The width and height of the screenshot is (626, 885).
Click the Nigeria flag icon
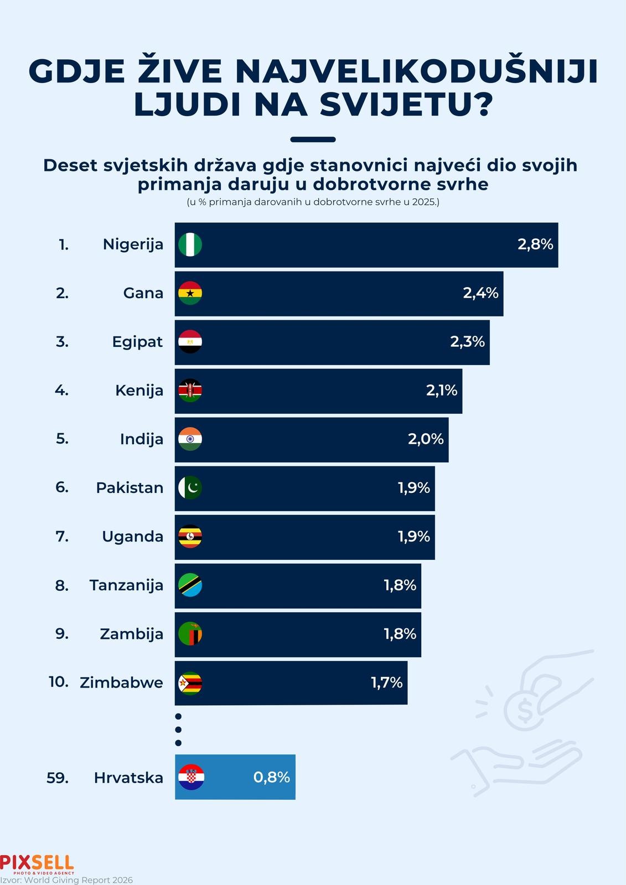coord(190,244)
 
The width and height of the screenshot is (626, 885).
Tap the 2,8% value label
coord(535,244)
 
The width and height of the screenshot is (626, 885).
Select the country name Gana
coord(143,293)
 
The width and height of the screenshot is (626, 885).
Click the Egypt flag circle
coord(190,342)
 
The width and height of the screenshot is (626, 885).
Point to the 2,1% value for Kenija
coord(442,391)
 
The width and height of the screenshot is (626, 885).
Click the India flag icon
coord(190,439)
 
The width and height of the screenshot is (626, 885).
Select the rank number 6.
coord(62,487)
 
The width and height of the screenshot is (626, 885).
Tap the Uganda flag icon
coord(190,537)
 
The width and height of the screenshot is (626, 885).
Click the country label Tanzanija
coord(126,586)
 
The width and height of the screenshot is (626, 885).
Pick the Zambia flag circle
coord(190,634)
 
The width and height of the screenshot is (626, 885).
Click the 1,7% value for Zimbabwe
coord(387,683)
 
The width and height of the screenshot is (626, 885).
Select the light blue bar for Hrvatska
coord(235,777)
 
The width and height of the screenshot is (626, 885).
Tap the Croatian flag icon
coord(192,777)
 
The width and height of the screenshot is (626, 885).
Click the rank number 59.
coord(58,778)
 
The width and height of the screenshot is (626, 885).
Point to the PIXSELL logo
coord(37,865)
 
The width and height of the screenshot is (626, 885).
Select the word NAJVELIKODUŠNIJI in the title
coord(417,71)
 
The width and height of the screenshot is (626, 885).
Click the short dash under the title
coord(313,139)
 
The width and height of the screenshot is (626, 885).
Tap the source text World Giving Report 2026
coord(78,880)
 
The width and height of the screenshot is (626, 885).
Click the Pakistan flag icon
coord(190,487)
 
